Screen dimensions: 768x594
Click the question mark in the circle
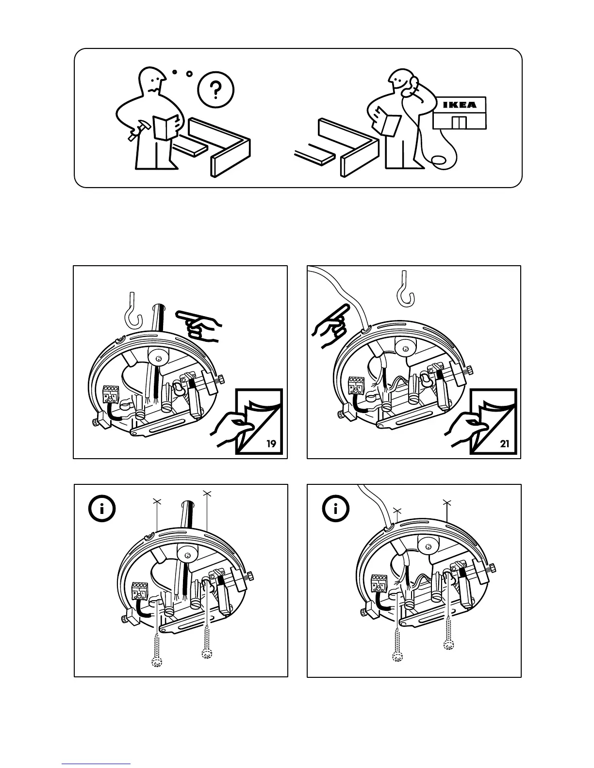(216, 90)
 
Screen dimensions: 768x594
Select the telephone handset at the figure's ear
(412, 85)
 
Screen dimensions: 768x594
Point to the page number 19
(272, 444)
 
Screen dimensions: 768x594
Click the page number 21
(505, 443)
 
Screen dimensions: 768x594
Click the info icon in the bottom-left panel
(102, 509)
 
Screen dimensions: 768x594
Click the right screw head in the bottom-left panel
(207, 655)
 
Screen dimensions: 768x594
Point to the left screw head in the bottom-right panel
(397, 657)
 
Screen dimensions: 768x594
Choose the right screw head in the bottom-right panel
(449, 644)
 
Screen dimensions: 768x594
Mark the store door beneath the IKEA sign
(459, 122)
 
